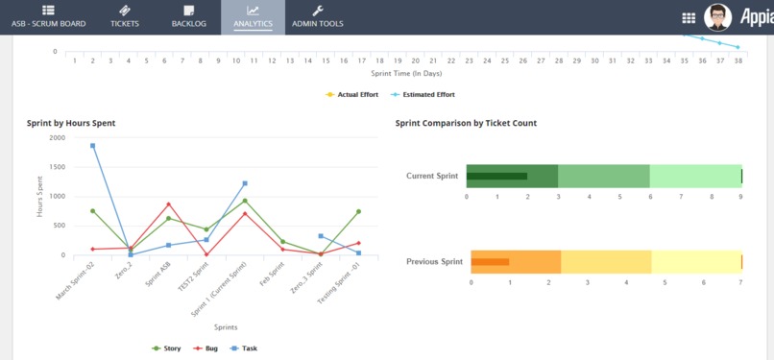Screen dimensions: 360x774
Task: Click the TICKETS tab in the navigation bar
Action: (x=125, y=16)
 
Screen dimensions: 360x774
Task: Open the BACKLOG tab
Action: (x=188, y=16)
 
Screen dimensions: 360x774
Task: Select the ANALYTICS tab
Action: (x=253, y=16)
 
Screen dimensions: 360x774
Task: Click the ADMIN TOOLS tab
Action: (x=317, y=16)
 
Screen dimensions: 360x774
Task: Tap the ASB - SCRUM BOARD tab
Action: (x=48, y=16)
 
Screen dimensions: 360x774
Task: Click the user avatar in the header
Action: (x=717, y=16)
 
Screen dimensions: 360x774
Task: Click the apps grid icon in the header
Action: (x=689, y=17)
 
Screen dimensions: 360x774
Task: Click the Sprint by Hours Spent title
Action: (x=71, y=123)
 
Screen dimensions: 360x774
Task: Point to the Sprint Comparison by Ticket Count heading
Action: (x=466, y=123)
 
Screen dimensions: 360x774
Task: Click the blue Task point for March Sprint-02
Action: (x=93, y=146)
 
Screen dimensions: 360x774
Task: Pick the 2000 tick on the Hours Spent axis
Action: (x=57, y=137)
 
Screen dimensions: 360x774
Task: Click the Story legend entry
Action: (x=167, y=348)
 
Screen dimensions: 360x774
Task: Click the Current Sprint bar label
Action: (x=432, y=177)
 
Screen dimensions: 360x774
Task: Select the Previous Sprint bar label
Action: (x=434, y=261)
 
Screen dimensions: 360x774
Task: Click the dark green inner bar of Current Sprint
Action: (x=496, y=177)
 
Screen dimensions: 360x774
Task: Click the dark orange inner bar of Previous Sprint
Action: (x=490, y=262)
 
